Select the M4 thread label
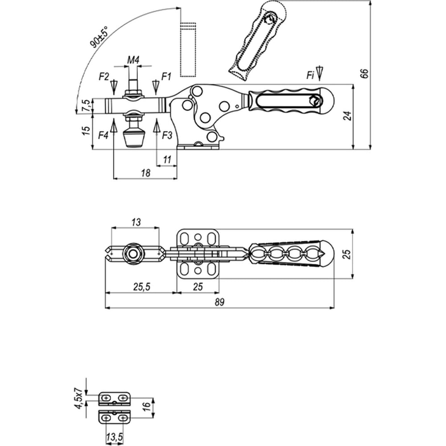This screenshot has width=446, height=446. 133,60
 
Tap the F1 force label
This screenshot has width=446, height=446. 166,76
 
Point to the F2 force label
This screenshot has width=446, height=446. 104,77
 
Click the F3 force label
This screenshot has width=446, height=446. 167,136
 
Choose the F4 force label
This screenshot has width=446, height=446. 103,136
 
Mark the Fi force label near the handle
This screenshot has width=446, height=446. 310,75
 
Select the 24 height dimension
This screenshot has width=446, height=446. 347,116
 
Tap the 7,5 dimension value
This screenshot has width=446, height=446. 86,106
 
